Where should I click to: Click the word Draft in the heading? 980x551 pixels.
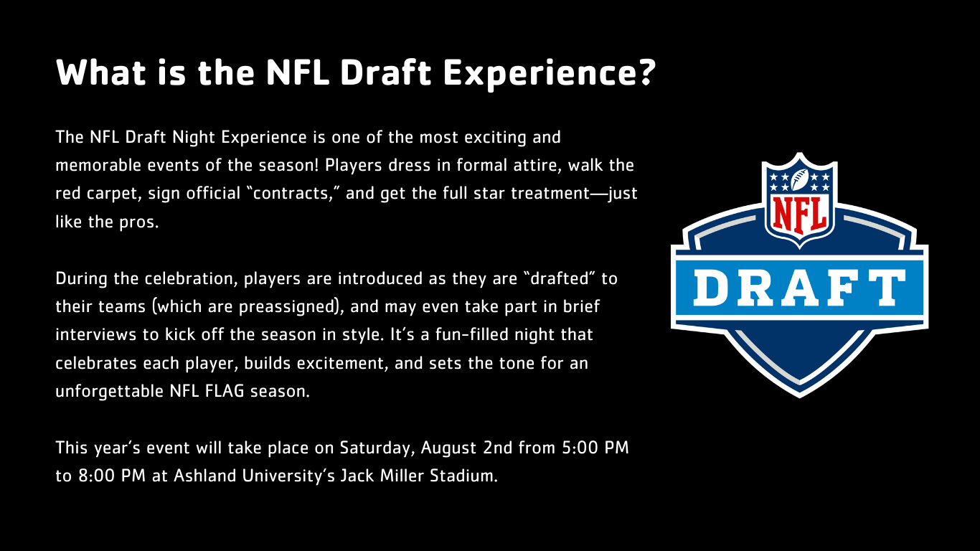[386, 72]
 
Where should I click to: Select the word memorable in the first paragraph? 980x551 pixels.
[98, 166]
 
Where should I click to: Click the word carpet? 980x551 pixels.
[114, 194]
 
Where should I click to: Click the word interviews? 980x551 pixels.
[96, 335]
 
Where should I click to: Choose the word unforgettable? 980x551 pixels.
[109, 391]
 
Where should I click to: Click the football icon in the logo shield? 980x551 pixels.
[800, 179]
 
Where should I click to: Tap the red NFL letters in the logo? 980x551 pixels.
[800, 215]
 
